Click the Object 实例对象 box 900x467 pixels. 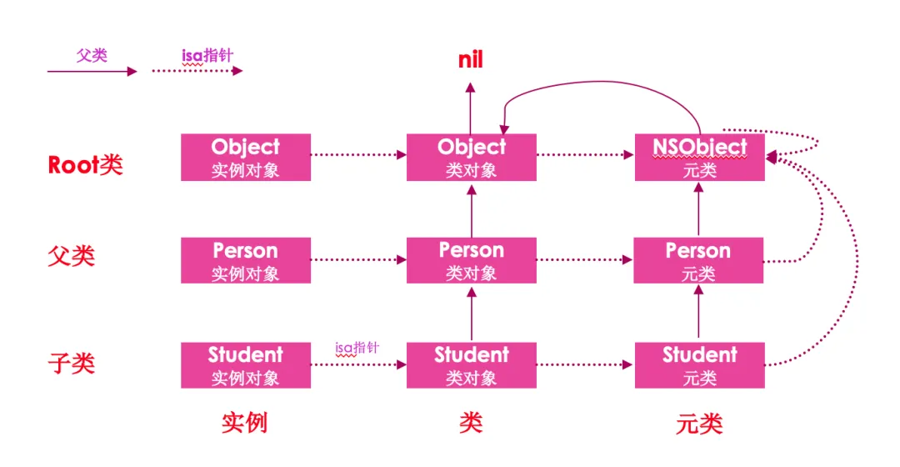246,157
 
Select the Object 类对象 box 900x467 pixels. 472,157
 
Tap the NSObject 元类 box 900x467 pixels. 699,157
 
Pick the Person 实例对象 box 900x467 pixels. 246,260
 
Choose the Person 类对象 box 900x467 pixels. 472,260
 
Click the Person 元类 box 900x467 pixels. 698,260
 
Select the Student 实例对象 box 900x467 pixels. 246,364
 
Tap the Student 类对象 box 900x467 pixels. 472,364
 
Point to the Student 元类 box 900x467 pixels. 699,364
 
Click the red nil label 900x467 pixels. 471,60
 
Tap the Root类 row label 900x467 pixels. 85,164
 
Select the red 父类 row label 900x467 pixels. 71,255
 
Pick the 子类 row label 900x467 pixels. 71,364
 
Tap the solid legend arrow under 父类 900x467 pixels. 92,72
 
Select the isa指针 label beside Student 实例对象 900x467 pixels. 357,348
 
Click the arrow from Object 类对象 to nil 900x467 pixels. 471,108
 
